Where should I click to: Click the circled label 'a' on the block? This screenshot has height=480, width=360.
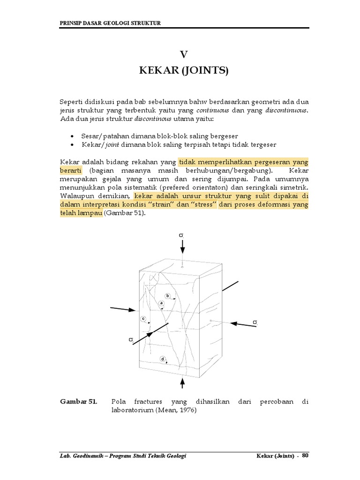(161, 303)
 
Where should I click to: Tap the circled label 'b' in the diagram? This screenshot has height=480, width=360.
(167, 296)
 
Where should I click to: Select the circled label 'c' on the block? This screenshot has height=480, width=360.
(143, 319)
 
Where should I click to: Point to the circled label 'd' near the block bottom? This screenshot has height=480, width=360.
(163, 359)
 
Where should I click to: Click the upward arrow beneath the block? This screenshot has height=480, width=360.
(183, 383)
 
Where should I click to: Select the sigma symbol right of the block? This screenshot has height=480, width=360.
(255, 322)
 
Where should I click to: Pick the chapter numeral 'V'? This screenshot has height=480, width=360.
(184, 54)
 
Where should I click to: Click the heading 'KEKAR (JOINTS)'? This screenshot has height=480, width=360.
(184, 71)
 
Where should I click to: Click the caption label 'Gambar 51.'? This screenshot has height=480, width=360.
(78, 402)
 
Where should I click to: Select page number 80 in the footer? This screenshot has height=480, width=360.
(306, 456)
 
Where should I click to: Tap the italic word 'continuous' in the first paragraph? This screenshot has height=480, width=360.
(213, 110)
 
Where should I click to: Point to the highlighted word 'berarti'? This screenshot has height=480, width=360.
(71, 170)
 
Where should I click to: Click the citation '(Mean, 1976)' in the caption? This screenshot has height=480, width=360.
(177, 410)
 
